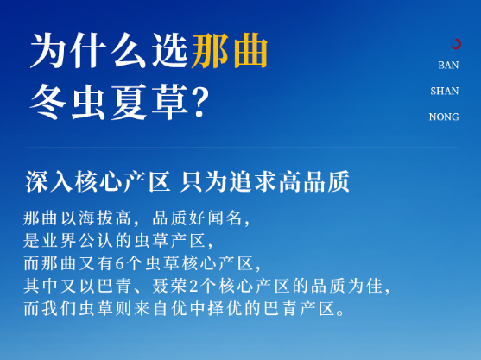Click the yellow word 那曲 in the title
pyautogui.click(x=230, y=51)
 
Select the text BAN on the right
pyautogui.click(x=448, y=65)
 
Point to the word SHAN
pyautogui.click(x=444, y=91)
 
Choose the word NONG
pyautogui.click(x=444, y=117)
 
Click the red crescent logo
pyautogui.click(x=456, y=44)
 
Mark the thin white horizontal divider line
pyautogui.click(x=242, y=148)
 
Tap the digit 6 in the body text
pyautogui.click(x=119, y=263)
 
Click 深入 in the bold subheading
pyautogui.click(x=48, y=181)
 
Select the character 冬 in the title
pyautogui.click(x=48, y=102)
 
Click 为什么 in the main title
pyautogui.click(x=88, y=51)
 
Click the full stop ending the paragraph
pyautogui.click(x=340, y=313)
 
